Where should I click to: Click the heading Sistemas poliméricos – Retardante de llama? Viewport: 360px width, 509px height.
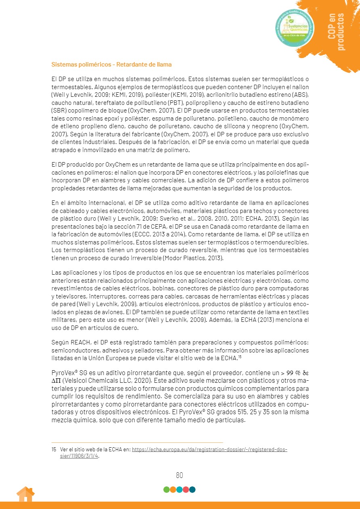tap(111, 65)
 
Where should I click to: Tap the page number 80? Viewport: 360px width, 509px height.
tap(180, 475)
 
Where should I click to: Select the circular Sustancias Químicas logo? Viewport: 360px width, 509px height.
tap(296, 27)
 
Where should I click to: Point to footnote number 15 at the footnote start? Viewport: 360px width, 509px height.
tap(54, 449)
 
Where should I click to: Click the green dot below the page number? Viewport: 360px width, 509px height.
tap(166, 490)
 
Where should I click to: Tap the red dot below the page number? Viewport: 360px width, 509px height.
tap(186, 490)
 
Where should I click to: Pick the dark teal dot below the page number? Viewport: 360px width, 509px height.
tap(192, 490)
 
